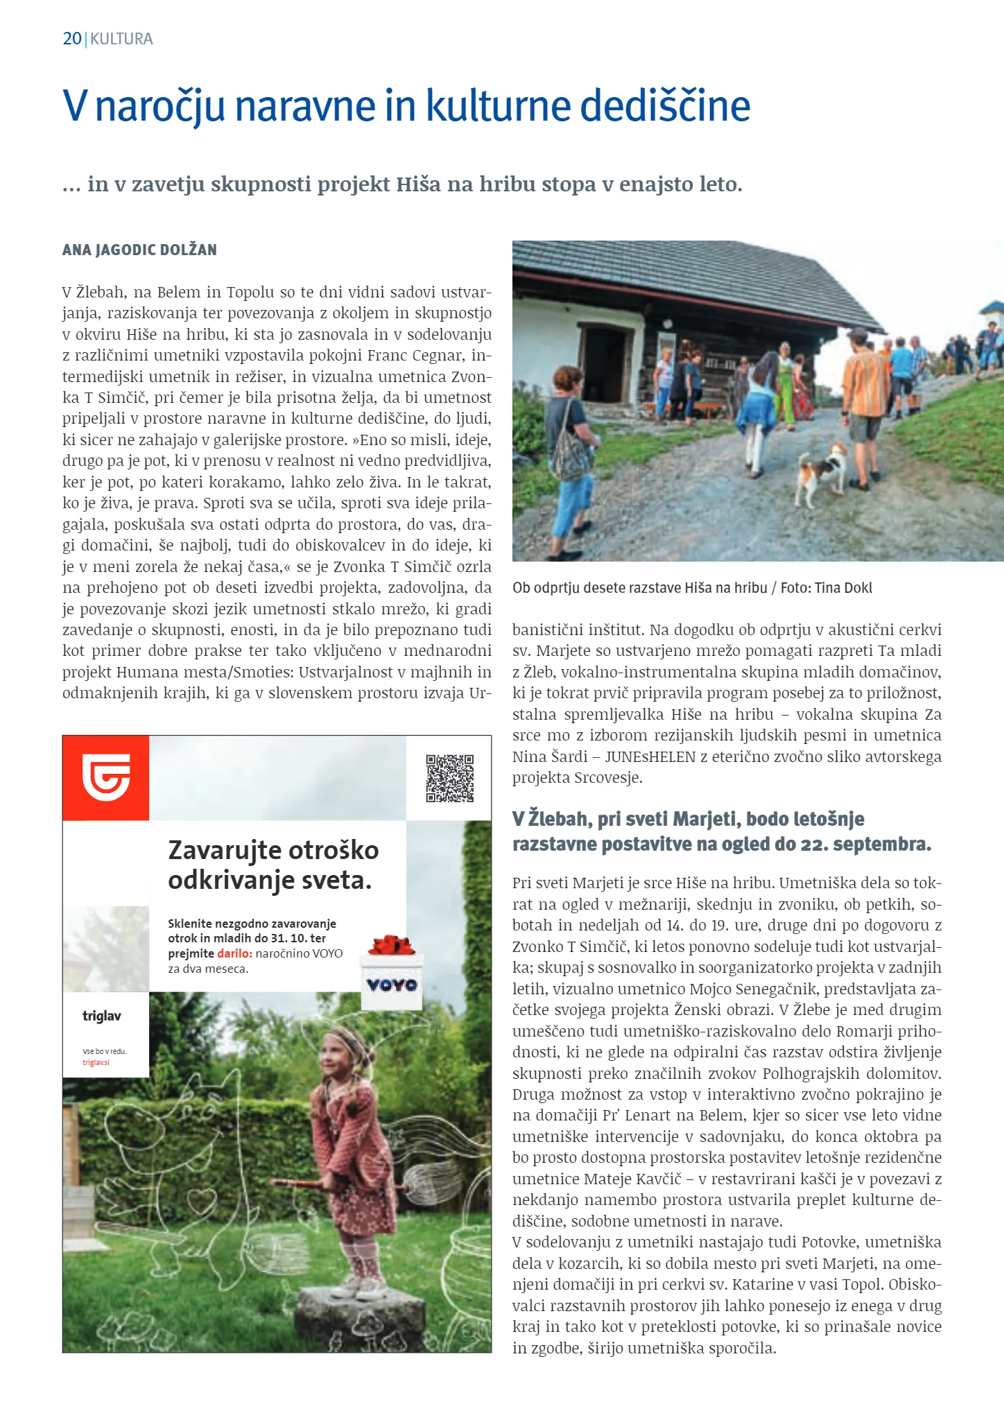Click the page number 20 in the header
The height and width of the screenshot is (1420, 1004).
(72, 39)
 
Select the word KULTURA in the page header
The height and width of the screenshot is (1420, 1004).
(122, 39)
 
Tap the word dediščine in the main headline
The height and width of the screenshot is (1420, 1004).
(665, 106)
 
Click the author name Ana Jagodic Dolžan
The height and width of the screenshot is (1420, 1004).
(139, 250)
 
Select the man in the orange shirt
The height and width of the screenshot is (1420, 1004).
(863, 402)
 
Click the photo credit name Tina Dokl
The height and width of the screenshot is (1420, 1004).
(843, 588)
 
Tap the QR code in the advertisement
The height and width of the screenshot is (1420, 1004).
(450, 778)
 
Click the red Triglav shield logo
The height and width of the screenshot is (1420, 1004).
(105, 777)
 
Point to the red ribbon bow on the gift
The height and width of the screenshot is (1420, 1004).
(391, 944)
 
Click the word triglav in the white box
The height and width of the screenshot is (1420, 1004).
(102, 1016)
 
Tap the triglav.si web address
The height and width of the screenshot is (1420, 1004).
(96, 1062)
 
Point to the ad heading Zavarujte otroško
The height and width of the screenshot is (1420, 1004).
(273, 850)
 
